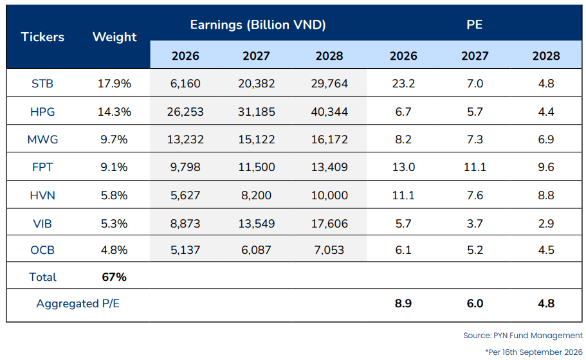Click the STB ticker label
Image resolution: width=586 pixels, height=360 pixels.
42,84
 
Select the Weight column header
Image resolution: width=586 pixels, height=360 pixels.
114,37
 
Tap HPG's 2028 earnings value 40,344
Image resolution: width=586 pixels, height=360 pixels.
329,112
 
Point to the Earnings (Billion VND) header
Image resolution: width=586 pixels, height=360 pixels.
258,24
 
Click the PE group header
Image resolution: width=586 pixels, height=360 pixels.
474,24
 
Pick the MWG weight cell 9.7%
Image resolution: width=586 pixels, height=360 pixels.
114,139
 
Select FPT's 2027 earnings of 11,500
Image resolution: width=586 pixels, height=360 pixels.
257,167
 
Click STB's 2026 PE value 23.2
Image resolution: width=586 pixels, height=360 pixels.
403,84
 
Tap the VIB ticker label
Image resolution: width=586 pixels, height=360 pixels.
42,224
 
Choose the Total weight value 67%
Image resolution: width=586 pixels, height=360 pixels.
114,277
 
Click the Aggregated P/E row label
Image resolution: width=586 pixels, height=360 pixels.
78,303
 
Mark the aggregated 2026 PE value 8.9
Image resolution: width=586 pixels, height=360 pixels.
403,303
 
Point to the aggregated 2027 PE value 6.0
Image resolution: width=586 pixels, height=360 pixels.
475,303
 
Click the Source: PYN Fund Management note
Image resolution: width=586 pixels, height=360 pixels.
523,336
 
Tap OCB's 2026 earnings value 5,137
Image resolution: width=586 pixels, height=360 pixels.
185,250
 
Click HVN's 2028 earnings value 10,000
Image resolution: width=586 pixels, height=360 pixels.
329,195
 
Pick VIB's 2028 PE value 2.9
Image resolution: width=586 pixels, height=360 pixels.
546,224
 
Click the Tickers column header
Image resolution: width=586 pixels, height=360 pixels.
42,37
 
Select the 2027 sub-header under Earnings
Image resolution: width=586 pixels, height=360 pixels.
257,56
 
